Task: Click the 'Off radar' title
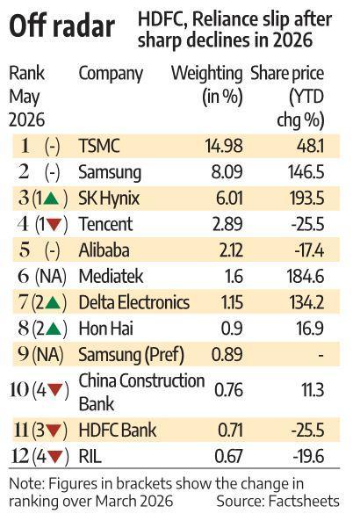tap(61, 25)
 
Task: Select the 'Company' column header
tap(111, 74)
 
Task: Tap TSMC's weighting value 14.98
tap(224, 146)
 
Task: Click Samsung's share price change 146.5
tap(306, 172)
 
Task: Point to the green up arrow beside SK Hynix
tap(51, 199)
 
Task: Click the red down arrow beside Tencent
tap(54, 224)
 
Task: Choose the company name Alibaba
tap(104, 250)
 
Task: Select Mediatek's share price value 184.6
tap(306, 277)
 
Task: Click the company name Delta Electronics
tap(133, 302)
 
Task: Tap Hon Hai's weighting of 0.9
tap(232, 329)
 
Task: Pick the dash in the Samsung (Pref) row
tap(320, 355)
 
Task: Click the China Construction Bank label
tap(141, 392)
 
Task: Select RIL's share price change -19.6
tap(308, 456)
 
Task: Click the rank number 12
tap(20, 456)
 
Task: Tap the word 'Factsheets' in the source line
tap(304, 501)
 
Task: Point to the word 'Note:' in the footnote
tap(26, 484)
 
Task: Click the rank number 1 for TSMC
tap(25, 146)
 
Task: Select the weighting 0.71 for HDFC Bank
tap(230, 431)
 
